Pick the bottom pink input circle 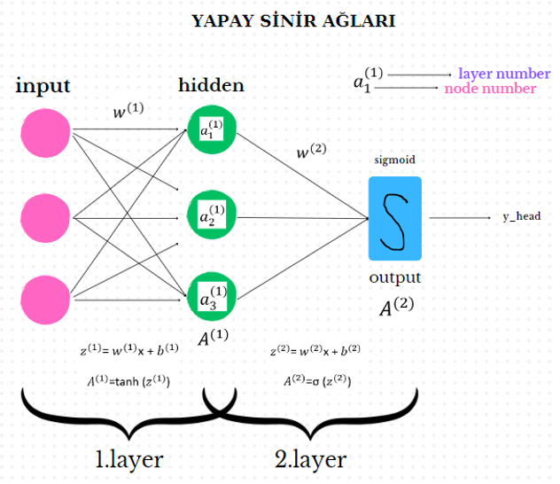point(46,298)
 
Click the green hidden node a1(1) point(211,132)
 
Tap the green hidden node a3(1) point(211,296)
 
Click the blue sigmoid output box point(394,218)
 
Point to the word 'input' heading point(43,86)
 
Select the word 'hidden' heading point(211,85)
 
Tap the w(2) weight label point(311,152)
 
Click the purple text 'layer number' point(504,74)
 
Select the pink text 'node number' point(490,89)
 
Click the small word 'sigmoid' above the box point(394,160)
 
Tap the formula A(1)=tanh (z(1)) point(129,381)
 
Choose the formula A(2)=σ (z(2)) point(315,381)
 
